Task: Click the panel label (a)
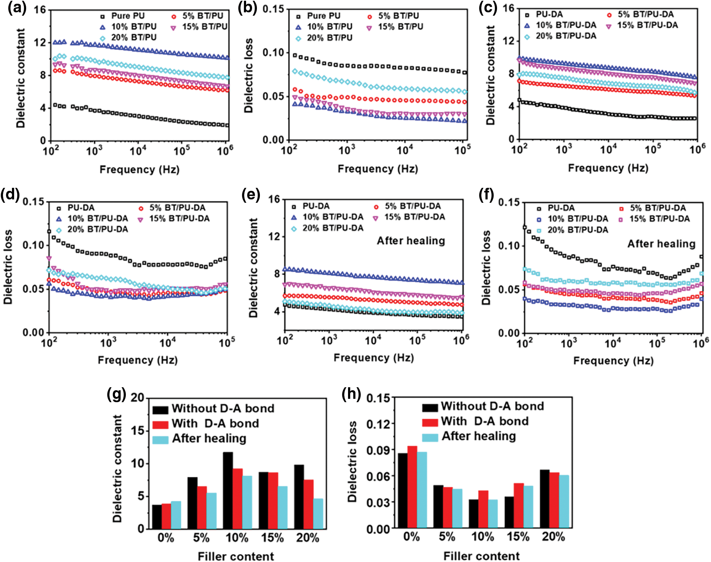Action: pos(17,8)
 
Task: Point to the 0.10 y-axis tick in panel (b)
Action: pos(273,52)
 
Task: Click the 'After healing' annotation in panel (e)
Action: pos(411,241)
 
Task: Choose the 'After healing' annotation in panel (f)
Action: pos(661,244)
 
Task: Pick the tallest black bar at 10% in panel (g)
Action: pos(228,490)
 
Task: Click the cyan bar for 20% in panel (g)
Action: pos(318,513)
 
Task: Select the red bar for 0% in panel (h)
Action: pos(412,487)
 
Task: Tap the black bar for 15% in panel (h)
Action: pos(509,512)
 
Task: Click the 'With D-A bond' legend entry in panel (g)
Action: pos(215,423)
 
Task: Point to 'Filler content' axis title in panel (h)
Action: pos(481,556)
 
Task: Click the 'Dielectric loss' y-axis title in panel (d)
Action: pos(8,267)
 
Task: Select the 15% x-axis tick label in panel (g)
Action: pos(272,538)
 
